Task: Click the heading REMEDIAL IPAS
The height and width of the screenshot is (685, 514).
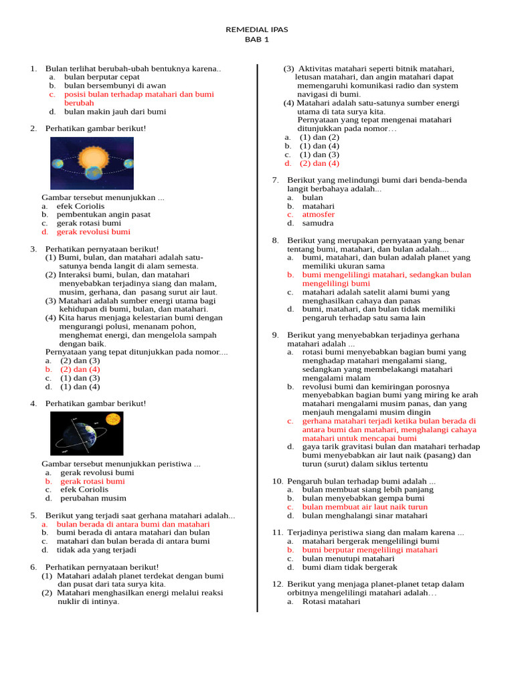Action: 256,29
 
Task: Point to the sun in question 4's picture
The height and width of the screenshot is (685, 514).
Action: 112,419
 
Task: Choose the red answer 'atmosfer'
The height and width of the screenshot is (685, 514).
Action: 318,215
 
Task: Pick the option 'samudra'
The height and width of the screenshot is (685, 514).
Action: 318,223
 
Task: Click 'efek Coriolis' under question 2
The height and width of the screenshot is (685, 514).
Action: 80,206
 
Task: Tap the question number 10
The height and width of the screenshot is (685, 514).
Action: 277,481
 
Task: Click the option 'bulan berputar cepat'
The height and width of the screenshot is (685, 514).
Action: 102,77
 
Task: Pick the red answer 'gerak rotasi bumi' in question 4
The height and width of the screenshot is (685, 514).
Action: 92,481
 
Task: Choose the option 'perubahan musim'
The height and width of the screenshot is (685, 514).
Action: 93,498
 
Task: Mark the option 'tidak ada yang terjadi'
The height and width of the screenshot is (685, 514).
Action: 96,550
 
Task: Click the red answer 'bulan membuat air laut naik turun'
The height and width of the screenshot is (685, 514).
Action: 365,507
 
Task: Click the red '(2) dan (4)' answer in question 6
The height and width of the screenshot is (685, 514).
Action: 319,163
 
